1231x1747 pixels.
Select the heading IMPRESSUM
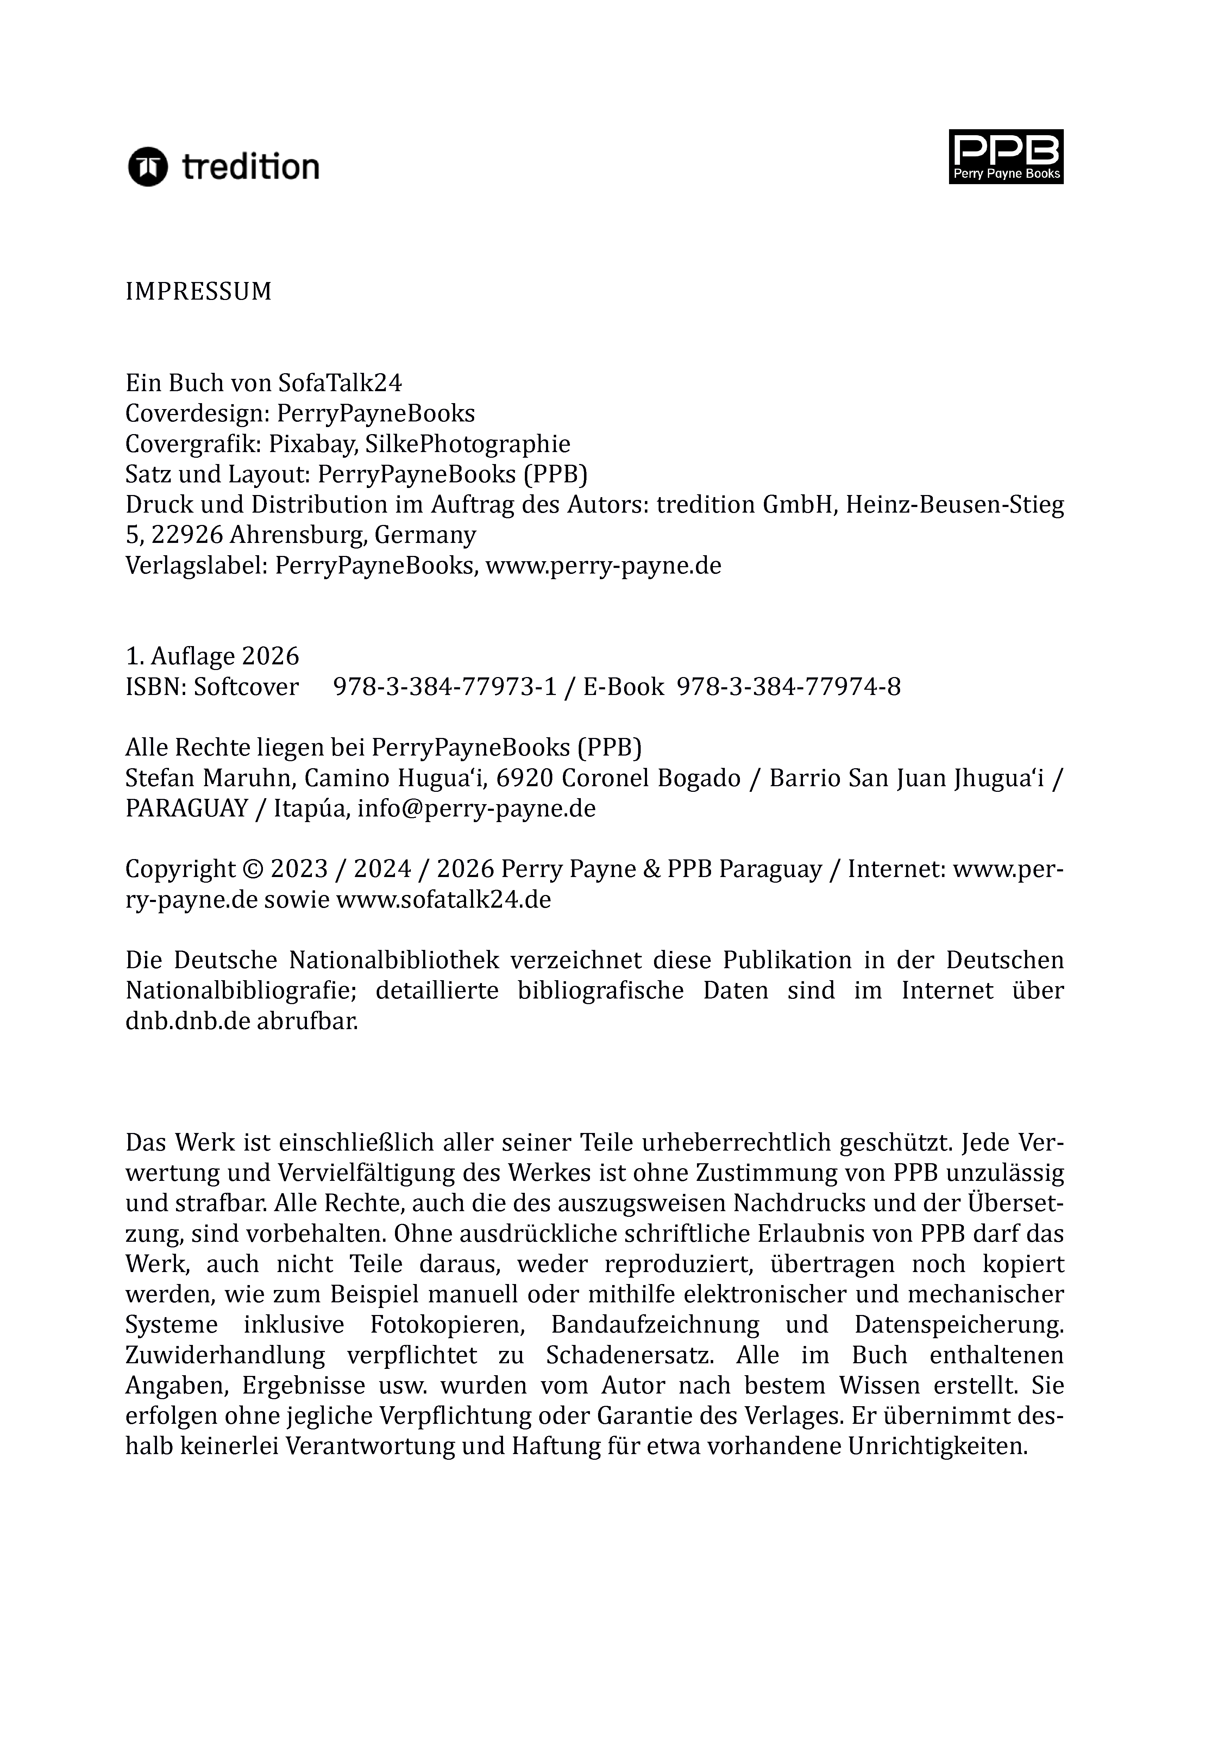199,292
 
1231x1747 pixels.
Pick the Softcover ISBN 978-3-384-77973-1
445,687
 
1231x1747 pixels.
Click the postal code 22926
187,535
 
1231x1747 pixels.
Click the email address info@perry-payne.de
476,808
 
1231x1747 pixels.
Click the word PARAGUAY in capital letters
187,808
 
